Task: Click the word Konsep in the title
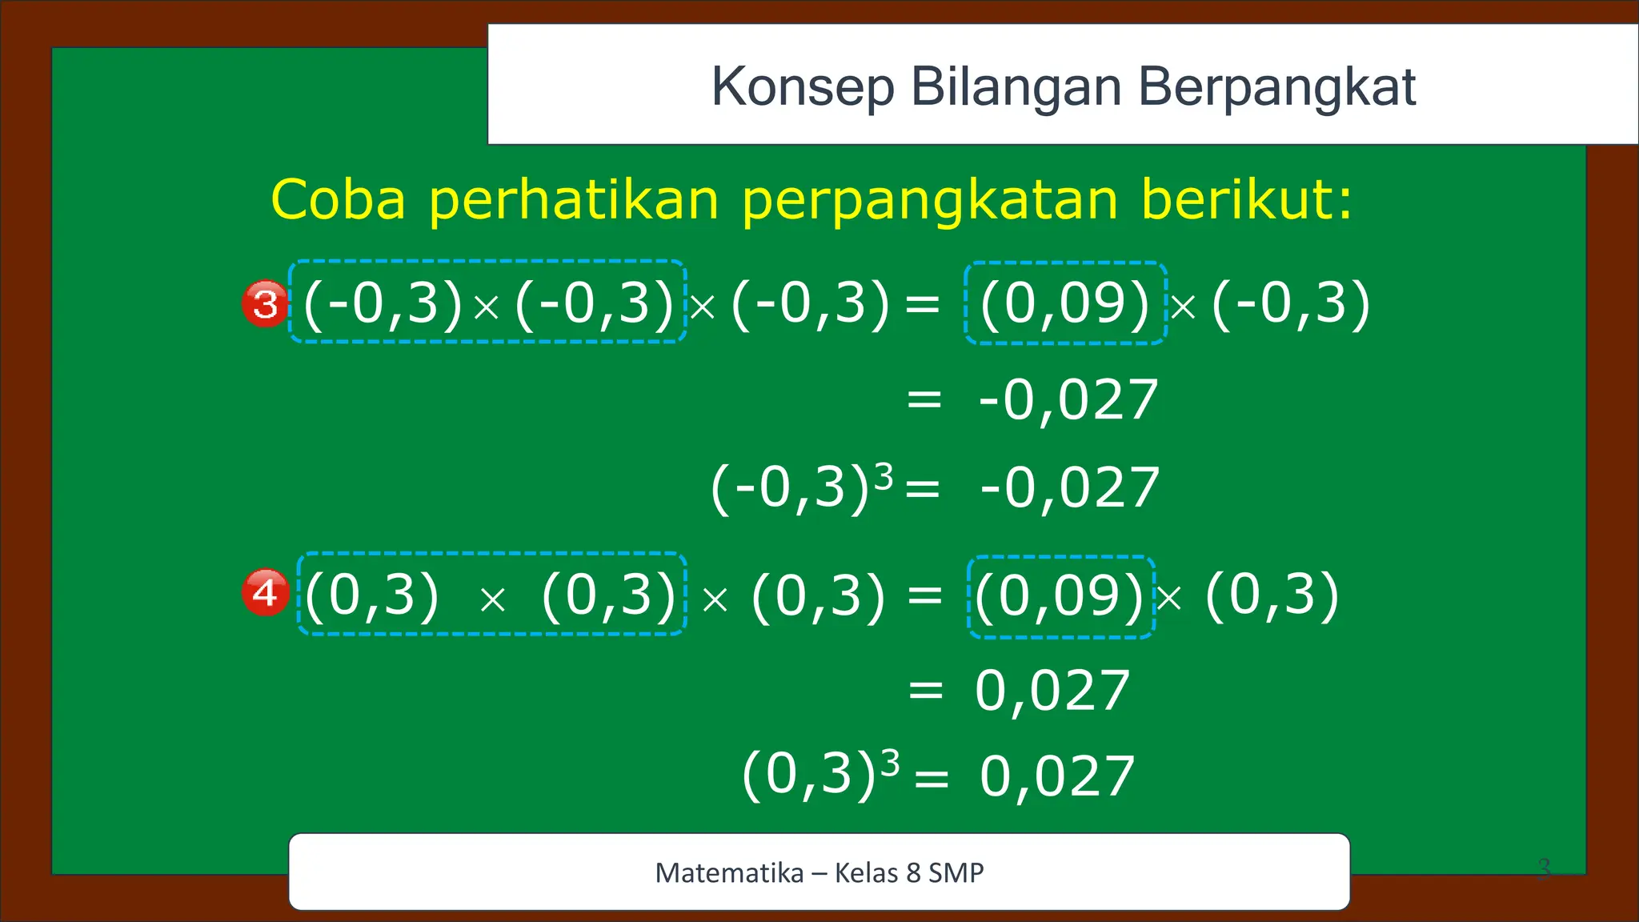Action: click(803, 87)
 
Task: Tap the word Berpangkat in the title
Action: click(1276, 87)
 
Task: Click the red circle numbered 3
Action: click(265, 304)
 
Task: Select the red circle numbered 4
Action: click(265, 593)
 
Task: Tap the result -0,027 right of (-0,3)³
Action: click(1070, 487)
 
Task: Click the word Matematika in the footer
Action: click(729, 872)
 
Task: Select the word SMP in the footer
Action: click(956, 872)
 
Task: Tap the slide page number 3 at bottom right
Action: click(1544, 868)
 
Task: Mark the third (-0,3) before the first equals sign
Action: click(810, 304)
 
